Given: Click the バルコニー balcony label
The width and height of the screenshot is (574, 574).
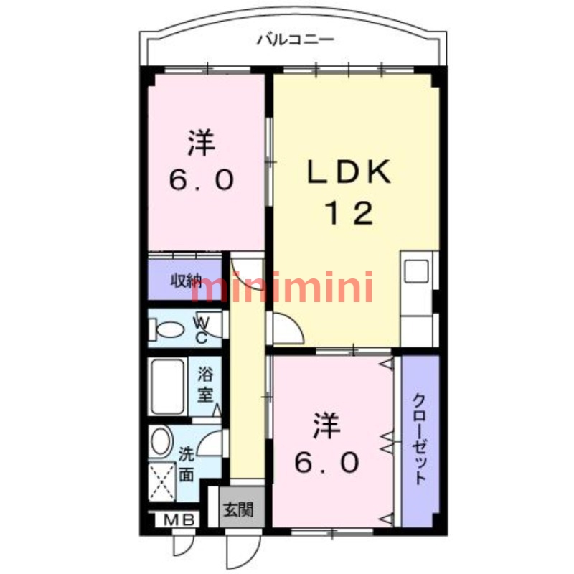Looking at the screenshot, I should coord(296,40).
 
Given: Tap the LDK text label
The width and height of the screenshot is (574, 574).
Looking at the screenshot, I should coord(349,174).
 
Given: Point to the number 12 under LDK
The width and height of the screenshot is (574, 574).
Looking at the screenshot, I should coord(350,213).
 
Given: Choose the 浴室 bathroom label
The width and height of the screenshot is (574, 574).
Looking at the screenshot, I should coord(206,384).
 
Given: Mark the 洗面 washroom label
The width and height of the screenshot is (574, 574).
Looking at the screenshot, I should coord(187,464).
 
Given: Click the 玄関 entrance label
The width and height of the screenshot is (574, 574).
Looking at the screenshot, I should coord(237,511).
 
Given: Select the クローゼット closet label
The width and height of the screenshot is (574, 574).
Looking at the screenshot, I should coord(420,439).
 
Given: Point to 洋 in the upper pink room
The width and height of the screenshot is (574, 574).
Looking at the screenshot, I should coord(202,143).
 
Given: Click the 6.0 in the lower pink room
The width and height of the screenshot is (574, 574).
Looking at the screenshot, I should coord(325,464).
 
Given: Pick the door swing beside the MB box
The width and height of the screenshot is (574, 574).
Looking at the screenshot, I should coord(186,545).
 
